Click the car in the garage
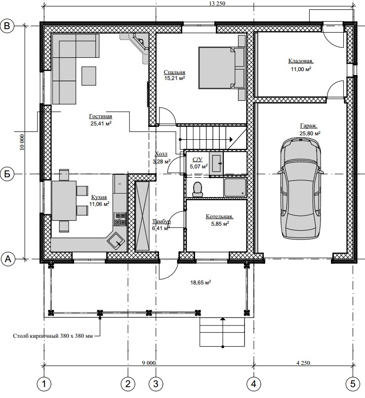(300, 188)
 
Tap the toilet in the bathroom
(198, 189)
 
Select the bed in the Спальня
(217, 68)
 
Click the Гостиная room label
(101, 116)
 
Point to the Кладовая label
(301, 61)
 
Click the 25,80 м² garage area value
(310, 133)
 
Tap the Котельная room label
(219, 217)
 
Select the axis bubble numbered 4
(253, 384)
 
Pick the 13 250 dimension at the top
(216, 3)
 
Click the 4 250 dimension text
(303, 363)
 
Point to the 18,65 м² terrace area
(201, 282)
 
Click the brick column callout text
(53, 336)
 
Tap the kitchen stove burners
(121, 219)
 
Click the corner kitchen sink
(116, 241)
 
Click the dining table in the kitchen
(64, 200)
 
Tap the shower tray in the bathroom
(235, 187)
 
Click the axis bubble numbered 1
(44, 384)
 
